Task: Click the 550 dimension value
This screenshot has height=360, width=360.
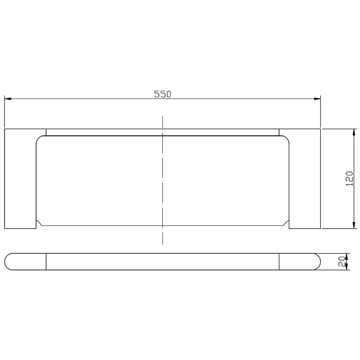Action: coord(163,94)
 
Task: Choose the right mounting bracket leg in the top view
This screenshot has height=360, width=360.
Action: coord(305,180)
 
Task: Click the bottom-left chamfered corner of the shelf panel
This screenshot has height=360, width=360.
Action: coord(40,222)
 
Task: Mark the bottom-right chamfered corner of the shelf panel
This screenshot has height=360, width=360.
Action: coord(285,222)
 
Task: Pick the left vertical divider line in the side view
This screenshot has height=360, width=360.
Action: coord(46,261)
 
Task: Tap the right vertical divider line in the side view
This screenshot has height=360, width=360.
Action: coord(279,261)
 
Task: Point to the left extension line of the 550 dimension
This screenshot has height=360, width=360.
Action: coord(4,112)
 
